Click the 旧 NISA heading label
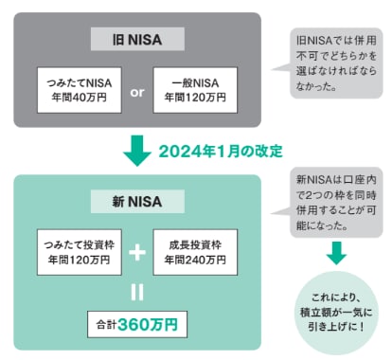(135, 39)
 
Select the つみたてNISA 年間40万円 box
(75, 88)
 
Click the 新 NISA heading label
(135, 202)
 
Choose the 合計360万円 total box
(134, 323)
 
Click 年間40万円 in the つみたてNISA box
(75, 97)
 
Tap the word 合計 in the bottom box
(106, 324)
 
